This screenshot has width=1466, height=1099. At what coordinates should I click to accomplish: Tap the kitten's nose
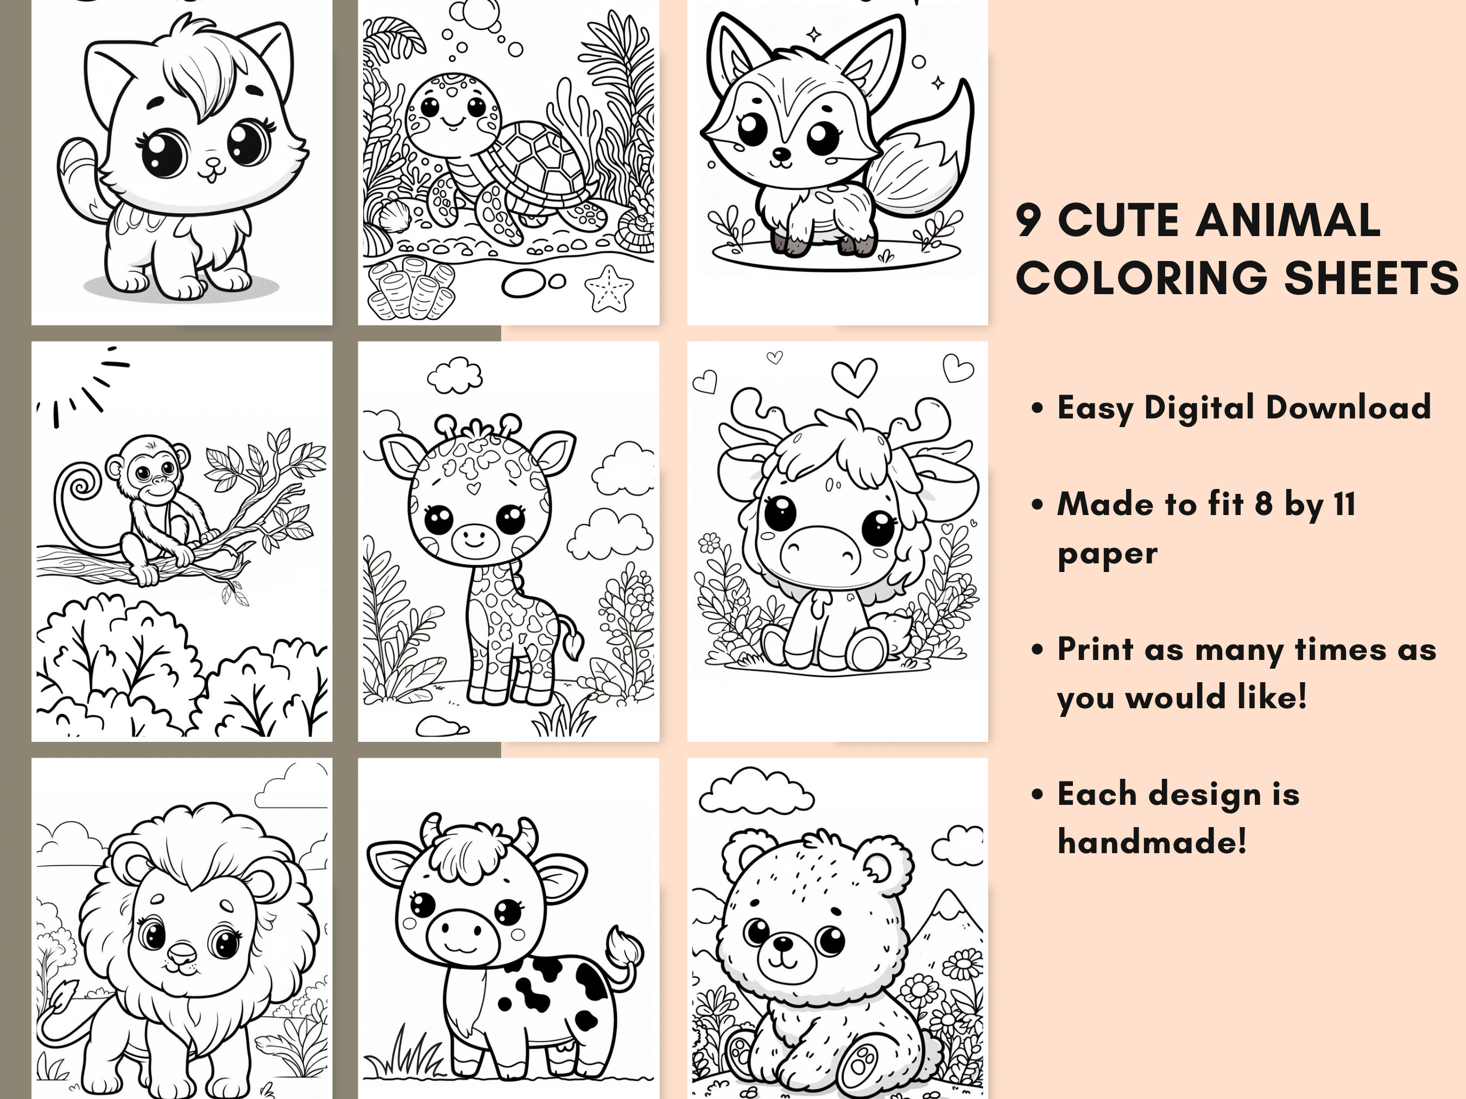(212, 163)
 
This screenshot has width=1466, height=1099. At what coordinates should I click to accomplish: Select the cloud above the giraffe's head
(454, 375)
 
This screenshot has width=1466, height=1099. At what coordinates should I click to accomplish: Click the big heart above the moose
(854, 376)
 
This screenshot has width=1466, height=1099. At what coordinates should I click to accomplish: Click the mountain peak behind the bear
(951, 895)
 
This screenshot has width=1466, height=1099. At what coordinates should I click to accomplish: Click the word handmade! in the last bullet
(1152, 841)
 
